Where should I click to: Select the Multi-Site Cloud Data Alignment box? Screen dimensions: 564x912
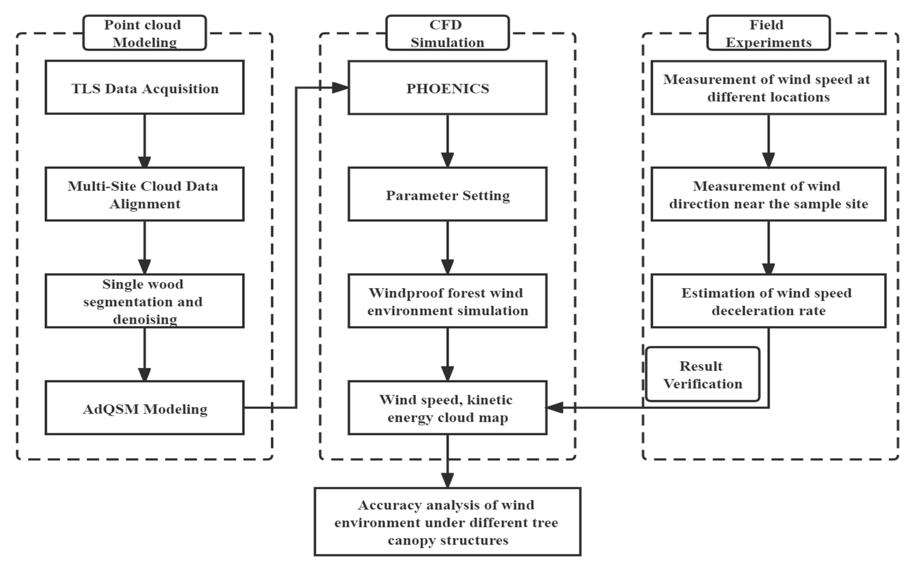144,194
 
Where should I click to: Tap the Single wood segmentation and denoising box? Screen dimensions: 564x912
144,301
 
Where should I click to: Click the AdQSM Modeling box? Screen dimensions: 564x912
144,408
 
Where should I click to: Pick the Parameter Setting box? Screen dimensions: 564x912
447,194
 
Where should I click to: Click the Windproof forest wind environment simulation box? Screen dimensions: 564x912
447,301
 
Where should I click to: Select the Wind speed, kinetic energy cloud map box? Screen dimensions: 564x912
447,408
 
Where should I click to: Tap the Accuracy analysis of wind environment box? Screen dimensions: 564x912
447,522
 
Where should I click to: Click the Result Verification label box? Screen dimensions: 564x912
702,374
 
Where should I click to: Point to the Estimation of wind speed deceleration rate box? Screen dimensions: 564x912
768,301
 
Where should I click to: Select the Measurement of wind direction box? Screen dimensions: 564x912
768,194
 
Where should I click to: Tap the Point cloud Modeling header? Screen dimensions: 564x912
144,33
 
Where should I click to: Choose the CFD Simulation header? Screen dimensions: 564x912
447,33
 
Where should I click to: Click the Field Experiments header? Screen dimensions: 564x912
768,33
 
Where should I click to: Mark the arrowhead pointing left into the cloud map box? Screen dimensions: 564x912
555,407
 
